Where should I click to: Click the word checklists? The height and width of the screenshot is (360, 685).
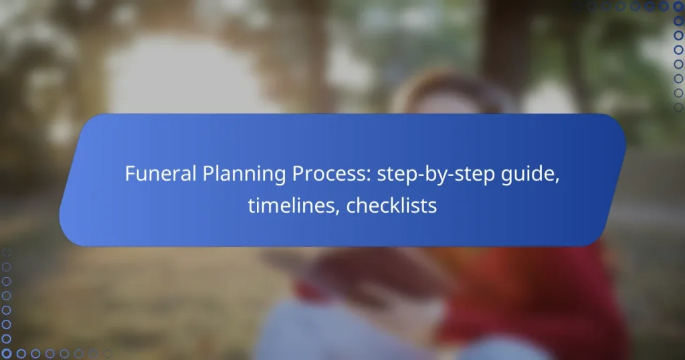coord(391,206)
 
